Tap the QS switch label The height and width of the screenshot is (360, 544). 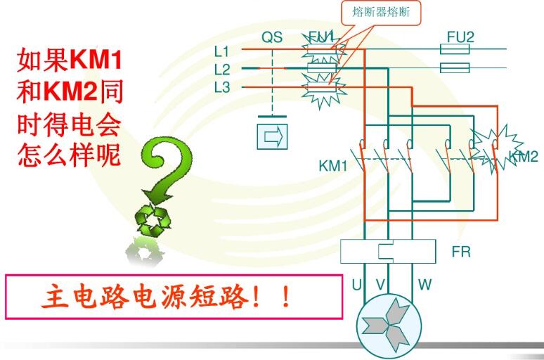[272, 37]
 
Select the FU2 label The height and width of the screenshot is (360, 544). [460, 36]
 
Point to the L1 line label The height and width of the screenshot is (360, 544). [222, 51]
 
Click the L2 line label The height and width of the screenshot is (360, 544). [222, 69]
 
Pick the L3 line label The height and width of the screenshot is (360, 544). [222, 86]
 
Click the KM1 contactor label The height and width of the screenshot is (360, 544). [333, 166]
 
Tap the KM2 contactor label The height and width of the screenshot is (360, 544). [524, 157]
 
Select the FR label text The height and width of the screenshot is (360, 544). [461, 251]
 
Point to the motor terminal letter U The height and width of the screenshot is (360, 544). [356, 285]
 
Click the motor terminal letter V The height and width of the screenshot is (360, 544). [380, 285]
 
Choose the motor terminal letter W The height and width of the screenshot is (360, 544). [425, 285]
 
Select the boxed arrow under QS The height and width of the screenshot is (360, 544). [272, 135]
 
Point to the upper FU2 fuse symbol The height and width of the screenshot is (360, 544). [454, 49]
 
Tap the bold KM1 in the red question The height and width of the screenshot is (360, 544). [98, 60]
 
